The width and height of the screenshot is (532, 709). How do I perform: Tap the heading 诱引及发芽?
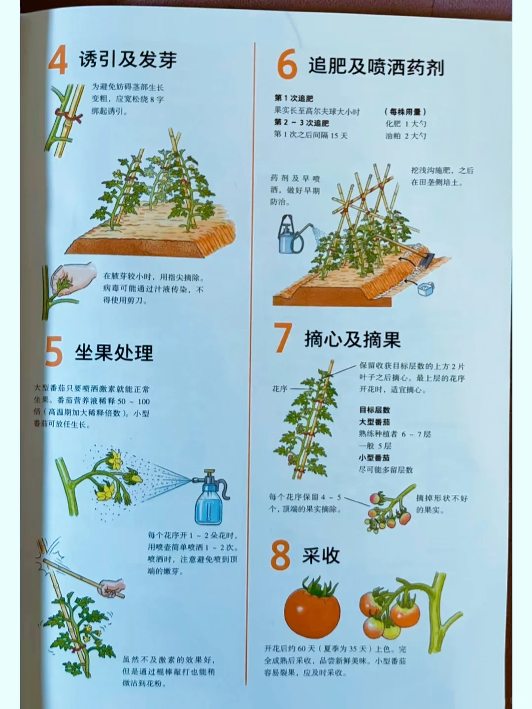(x=128, y=60)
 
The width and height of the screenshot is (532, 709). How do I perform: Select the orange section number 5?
(x=54, y=352)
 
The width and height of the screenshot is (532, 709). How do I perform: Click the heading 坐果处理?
(x=114, y=353)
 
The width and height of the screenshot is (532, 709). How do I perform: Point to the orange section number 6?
(x=287, y=65)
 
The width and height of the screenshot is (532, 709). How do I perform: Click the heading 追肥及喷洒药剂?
(x=376, y=66)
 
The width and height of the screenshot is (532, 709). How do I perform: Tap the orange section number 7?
(x=283, y=339)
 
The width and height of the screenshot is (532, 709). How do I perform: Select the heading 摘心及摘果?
(x=352, y=339)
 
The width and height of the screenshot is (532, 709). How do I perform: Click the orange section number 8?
(x=280, y=555)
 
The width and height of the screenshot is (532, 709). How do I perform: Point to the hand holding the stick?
(x=111, y=587)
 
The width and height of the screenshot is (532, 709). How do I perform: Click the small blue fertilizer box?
(x=426, y=289)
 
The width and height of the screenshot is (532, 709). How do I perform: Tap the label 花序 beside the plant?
(x=279, y=389)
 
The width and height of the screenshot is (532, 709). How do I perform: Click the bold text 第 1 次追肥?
(x=294, y=99)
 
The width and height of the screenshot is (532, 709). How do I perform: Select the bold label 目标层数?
(x=374, y=410)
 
